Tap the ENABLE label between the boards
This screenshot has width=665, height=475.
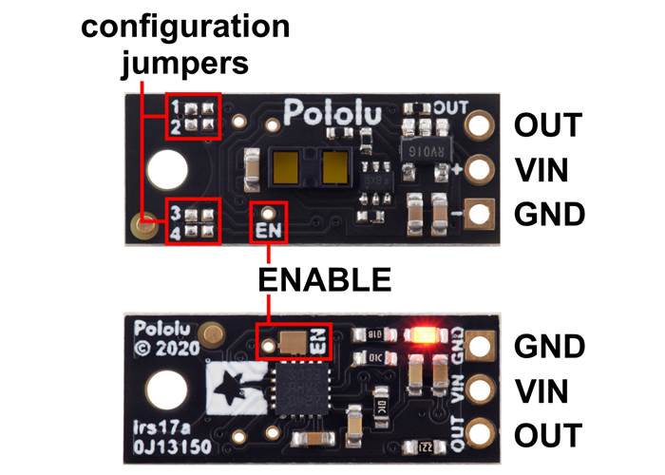click(x=326, y=279)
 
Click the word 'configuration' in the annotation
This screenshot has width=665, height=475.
click(x=186, y=26)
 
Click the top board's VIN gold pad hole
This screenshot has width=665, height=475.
click(x=480, y=169)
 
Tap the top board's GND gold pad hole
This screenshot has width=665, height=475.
click(x=480, y=214)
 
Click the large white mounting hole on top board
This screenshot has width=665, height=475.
click(x=171, y=169)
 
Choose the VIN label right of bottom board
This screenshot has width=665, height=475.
click(x=541, y=391)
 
